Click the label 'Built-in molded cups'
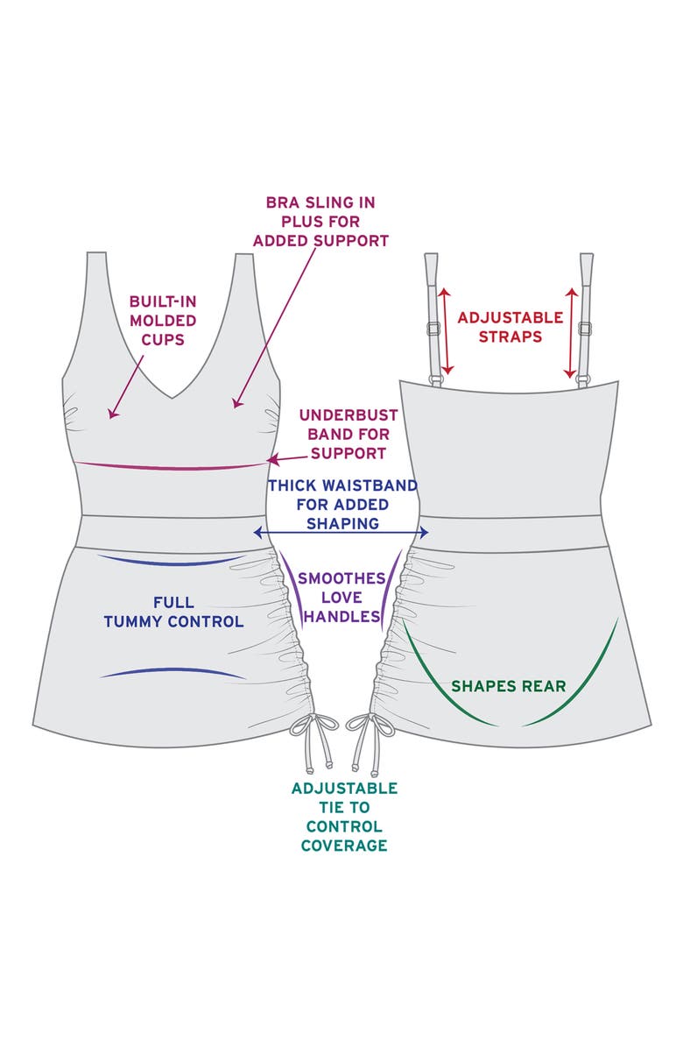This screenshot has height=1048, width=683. [162, 319]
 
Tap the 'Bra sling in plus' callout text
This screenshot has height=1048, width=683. [320, 221]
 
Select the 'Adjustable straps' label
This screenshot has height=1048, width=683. [511, 326]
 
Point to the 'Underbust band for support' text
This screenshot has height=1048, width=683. [349, 434]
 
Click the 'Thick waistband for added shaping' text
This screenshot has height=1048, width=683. [342, 504]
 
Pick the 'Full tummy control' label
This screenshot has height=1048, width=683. [173, 613]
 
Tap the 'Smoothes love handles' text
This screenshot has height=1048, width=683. [341, 597]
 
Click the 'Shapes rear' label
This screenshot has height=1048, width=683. [508, 685]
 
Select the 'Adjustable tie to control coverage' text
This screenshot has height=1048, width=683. [343, 817]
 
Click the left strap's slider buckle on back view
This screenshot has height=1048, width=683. [433, 329]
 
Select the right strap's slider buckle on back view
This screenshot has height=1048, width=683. [584, 329]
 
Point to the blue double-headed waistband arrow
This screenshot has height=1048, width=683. [341, 533]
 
